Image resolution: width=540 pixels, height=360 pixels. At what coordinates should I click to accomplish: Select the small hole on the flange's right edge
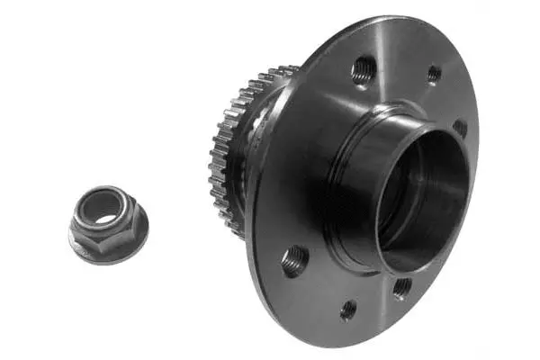coord(460,128)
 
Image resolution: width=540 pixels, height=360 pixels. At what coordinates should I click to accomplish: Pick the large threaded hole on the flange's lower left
coord(294,261)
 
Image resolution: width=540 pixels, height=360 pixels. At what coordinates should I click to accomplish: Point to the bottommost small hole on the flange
coord(348,310)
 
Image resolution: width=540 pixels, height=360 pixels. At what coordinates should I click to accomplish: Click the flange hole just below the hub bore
coord(401,288)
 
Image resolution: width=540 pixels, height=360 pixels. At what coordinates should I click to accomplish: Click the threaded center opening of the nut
coord(107,213)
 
